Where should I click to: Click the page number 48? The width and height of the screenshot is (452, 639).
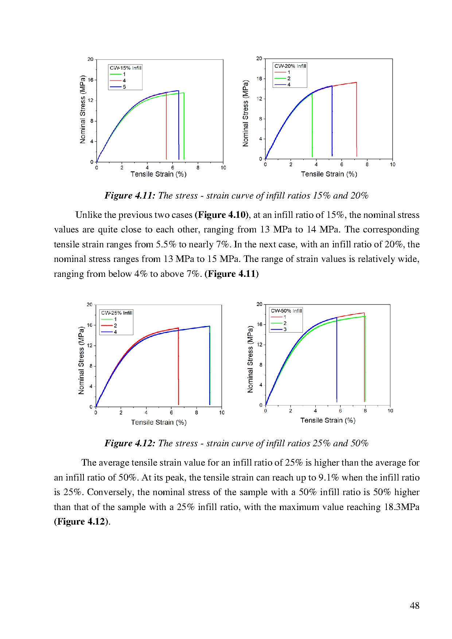click(414, 605)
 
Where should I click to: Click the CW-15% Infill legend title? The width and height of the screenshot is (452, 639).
click(125, 68)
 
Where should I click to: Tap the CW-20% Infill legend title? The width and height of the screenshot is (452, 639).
click(290, 66)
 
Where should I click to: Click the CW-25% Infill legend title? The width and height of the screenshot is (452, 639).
click(117, 313)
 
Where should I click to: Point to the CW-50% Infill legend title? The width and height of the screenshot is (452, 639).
click(287, 311)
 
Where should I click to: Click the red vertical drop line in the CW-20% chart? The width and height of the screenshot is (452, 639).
click(356, 120)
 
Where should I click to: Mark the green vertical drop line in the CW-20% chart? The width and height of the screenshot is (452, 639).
click(312, 126)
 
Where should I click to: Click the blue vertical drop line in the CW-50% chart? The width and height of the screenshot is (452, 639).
click(337, 361)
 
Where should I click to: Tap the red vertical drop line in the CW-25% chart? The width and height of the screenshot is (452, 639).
click(178, 366)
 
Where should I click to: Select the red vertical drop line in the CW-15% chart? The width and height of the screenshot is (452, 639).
click(166, 126)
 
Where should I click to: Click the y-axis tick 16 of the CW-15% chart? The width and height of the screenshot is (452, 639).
click(90, 80)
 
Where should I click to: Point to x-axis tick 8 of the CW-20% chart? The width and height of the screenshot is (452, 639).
click(367, 165)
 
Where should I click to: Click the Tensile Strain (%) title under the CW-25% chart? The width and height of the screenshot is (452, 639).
click(159, 422)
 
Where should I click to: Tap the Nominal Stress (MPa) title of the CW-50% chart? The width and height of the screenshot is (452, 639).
click(250, 359)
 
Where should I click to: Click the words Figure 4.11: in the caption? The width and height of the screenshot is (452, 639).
click(130, 196)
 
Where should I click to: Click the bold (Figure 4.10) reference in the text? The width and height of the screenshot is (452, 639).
click(222, 215)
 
